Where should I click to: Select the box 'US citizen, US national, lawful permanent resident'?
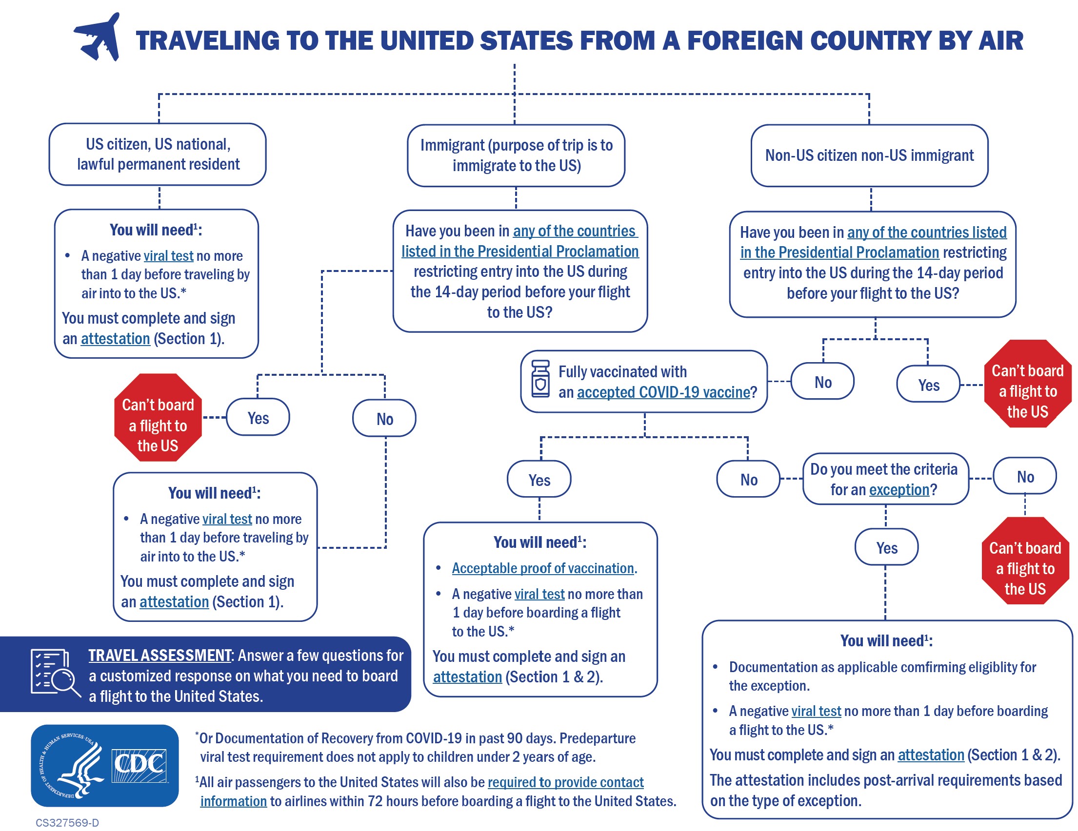(158, 155)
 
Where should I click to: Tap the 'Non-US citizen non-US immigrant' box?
(869, 155)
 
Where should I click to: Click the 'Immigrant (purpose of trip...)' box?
(516, 155)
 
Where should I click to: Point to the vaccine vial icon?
(540, 379)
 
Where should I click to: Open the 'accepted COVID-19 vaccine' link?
(663, 392)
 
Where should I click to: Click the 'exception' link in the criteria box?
(899, 490)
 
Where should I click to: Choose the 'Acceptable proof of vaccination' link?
(542, 568)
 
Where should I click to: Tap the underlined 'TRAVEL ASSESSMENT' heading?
(160, 656)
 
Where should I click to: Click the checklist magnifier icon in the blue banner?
(54, 673)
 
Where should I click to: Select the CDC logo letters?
(139, 765)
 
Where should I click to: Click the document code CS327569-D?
(67, 823)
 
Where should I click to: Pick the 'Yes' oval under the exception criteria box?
(886, 547)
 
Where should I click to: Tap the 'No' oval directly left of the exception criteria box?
(748, 480)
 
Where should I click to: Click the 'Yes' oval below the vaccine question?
(539, 480)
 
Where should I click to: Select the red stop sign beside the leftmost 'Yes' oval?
(158, 418)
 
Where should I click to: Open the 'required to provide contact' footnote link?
(565, 782)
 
